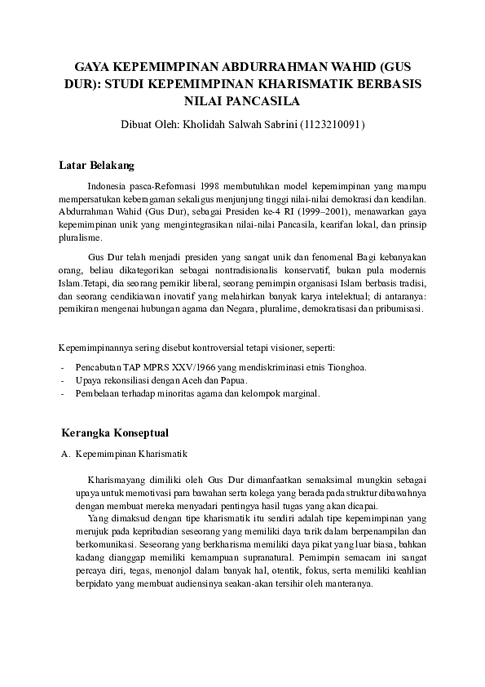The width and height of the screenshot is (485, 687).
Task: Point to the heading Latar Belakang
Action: [x=96, y=166]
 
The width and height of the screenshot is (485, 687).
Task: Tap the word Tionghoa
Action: [x=346, y=366]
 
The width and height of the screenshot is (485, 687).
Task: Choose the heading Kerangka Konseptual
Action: [x=116, y=432]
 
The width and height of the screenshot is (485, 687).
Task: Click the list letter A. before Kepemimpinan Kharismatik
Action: [x=65, y=452]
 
